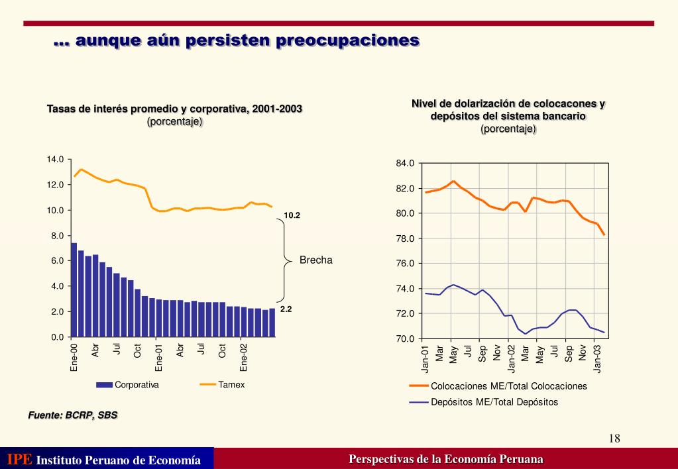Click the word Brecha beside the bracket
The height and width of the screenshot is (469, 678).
[x=315, y=260]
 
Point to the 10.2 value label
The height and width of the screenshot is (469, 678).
[x=292, y=215]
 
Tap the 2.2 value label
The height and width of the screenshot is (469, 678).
[x=286, y=309]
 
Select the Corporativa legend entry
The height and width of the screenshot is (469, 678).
[x=137, y=385]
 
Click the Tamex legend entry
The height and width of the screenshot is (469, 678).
[x=231, y=385]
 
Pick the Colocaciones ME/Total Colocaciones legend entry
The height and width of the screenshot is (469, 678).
[x=508, y=386]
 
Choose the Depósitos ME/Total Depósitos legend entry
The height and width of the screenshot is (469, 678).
[x=494, y=402]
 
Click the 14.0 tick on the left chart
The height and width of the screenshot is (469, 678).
[x=55, y=159]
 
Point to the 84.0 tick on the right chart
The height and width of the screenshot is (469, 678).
[x=405, y=164]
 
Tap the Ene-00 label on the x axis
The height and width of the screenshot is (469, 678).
[x=74, y=357]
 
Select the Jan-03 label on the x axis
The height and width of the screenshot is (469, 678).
[x=598, y=358]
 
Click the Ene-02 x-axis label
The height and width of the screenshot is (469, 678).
[x=244, y=357]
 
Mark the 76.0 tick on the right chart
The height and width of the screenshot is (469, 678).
[x=405, y=264]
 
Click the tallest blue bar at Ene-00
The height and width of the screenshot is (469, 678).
[x=74, y=290]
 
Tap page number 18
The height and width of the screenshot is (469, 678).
[x=614, y=439]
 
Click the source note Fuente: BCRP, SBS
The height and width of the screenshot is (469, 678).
[x=73, y=415]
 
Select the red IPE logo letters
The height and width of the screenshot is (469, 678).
[x=19, y=459]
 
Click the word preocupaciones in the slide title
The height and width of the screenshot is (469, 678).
[x=348, y=40]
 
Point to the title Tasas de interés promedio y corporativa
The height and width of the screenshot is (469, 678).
[x=174, y=109]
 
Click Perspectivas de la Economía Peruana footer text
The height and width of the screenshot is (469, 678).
[x=446, y=459]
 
